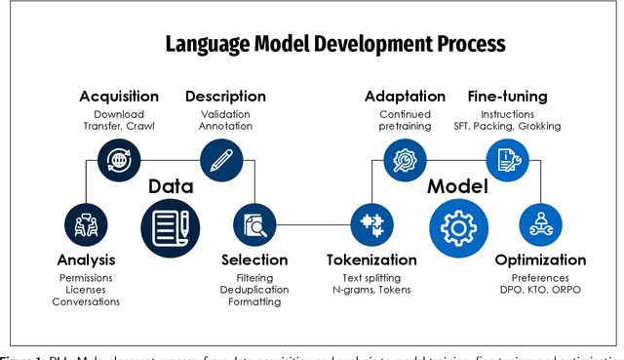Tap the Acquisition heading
click(119, 96)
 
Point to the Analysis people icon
click(85, 224)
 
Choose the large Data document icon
click(170, 223)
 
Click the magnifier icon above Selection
click(254, 224)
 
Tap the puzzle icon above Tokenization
click(371, 224)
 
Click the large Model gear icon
click(457, 223)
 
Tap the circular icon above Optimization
click(540, 224)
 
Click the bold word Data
click(171, 186)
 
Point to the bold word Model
click(457, 186)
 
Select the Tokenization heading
click(371, 260)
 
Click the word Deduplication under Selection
click(254, 289)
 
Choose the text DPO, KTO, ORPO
click(540, 289)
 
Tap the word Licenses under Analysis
click(86, 289)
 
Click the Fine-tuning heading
click(507, 96)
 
